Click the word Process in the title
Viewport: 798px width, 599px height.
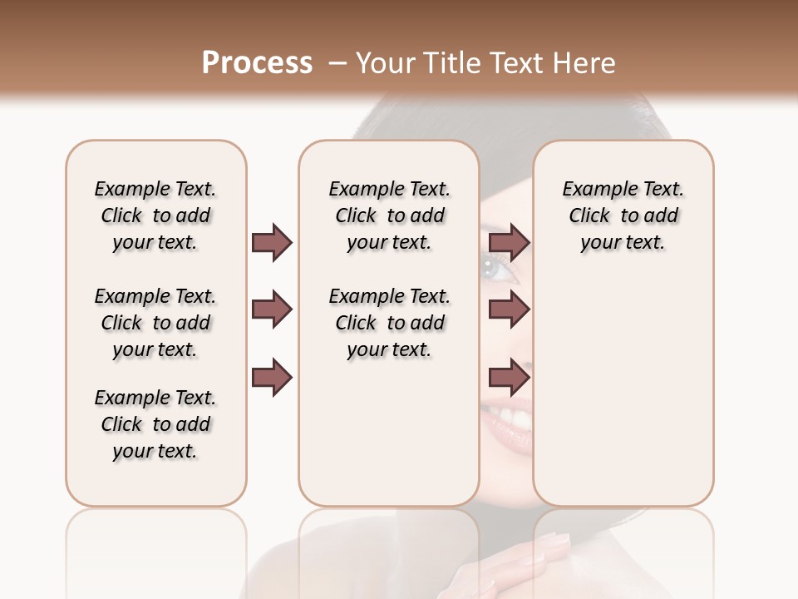click(x=257, y=63)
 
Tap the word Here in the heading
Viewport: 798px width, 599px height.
click(x=585, y=63)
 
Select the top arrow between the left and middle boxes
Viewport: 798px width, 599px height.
click(x=272, y=242)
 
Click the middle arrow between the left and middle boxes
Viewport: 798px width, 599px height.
click(x=272, y=310)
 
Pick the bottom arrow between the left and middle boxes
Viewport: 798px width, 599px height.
click(x=272, y=378)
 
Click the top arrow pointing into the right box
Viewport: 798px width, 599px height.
click(x=509, y=242)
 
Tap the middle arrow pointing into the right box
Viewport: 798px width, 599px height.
click(x=509, y=310)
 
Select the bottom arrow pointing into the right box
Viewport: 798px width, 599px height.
click(x=509, y=378)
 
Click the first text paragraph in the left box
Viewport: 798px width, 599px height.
click(x=155, y=215)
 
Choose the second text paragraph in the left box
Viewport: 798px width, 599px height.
click(x=155, y=323)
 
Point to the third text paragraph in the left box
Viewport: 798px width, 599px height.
click(x=155, y=424)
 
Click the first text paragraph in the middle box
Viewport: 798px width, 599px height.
click(x=389, y=215)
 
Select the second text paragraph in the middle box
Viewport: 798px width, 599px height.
click(x=389, y=323)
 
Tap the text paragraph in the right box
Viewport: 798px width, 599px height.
click(x=623, y=215)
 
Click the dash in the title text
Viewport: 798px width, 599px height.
click(x=337, y=63)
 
